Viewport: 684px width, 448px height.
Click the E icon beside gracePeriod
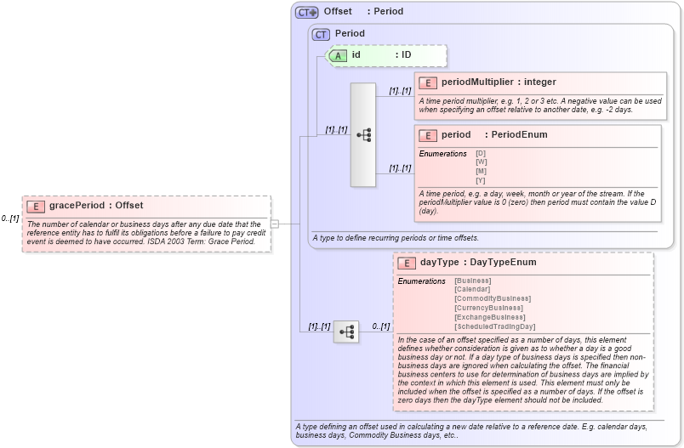[x=36, y=206]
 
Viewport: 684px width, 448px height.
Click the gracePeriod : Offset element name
[x=96, y=206]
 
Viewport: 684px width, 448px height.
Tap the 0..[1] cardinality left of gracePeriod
[x=10, y=218]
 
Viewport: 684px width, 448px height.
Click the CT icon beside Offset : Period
[x=306, y=12]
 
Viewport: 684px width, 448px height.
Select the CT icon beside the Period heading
[x=321, y=34]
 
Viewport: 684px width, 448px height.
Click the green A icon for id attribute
[x=338, y=55]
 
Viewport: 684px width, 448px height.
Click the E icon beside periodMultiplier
[x=427, y=82]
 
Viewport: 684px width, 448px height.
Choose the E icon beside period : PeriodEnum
[x=427, y=135]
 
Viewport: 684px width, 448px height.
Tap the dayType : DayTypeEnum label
[x=478, y=263]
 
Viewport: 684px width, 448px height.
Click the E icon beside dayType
[x=406, y=263]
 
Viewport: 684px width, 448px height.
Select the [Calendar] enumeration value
[x=472, y=290]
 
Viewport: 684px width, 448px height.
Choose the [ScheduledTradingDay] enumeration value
[x=494, y=326]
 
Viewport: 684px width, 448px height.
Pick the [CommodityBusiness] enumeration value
[x=492, y=299]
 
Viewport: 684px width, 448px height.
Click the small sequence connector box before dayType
[x=345, y=332]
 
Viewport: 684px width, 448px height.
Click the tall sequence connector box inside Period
[x=362, y=134]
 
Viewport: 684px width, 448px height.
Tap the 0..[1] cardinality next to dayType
[x=380, y=326]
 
